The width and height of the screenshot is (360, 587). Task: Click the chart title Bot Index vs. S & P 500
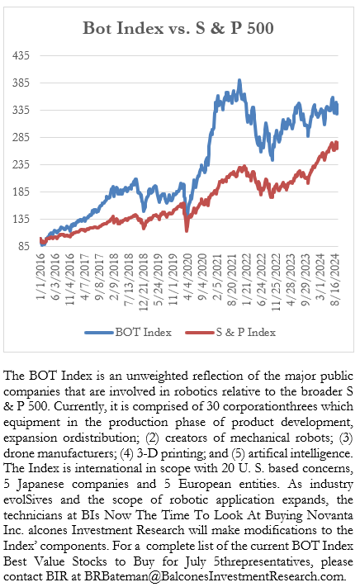[178, 28]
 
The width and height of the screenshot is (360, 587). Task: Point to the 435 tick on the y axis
[21, 55]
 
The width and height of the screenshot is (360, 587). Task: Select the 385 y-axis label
[21, 83]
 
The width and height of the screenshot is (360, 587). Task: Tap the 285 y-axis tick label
[21, 137]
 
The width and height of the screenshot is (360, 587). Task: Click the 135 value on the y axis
[21, 219]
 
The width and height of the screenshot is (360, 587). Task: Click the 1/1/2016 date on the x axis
[40, 277]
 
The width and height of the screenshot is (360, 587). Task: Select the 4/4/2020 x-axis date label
[188, 277]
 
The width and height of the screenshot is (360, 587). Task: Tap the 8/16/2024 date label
[335, 280]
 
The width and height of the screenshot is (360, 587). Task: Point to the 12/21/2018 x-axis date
[144, 282]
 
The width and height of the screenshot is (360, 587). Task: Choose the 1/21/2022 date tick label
[247, 280]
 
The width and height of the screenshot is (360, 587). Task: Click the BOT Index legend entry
[128, 333]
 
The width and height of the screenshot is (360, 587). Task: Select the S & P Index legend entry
[230, 333]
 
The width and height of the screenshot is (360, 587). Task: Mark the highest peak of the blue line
[239, 80]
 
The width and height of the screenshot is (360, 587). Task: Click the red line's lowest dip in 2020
[187, 230]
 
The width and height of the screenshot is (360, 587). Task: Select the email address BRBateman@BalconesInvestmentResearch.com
[214, 576]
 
